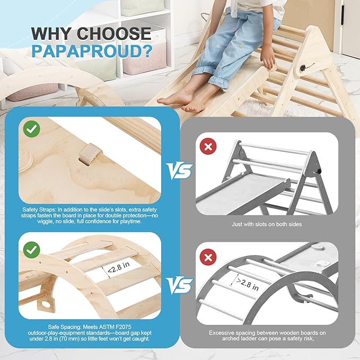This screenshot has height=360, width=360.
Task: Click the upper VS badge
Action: pyautogui.click(x=179, y=171)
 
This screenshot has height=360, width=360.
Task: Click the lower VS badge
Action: pyautogui.click(x=179, y=286)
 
